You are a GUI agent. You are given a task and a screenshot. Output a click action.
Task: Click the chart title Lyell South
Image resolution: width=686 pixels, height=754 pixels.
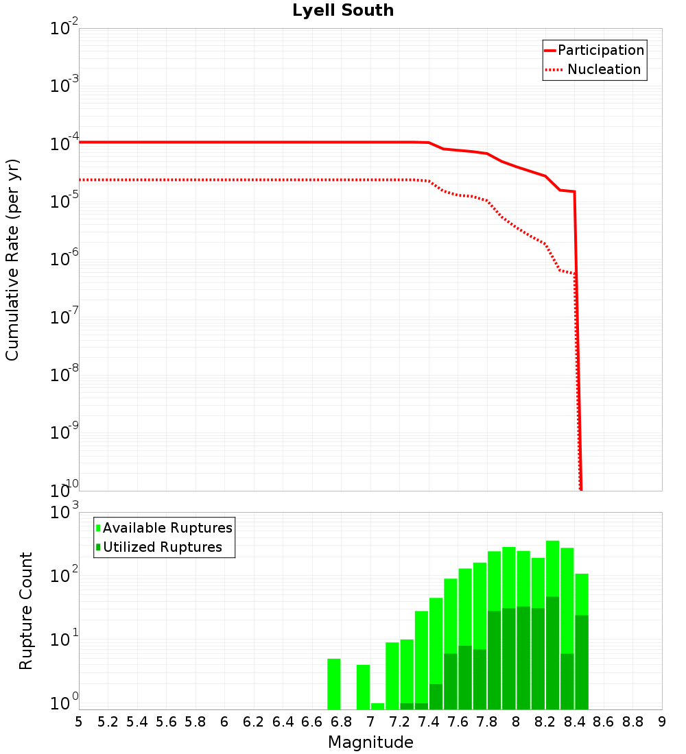(343, 11)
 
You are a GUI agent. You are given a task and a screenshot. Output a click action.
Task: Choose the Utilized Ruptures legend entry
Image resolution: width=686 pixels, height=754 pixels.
(162, 547)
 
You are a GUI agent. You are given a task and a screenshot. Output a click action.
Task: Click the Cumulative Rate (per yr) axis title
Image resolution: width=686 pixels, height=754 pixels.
(12, 259)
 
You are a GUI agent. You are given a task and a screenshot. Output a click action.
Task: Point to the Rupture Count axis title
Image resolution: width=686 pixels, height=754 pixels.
(26, 610)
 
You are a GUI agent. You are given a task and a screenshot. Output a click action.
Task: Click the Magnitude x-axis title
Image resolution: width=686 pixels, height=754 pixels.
(370, 742)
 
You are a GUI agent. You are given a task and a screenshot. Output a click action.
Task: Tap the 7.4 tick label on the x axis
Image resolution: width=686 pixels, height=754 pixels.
(429, 722)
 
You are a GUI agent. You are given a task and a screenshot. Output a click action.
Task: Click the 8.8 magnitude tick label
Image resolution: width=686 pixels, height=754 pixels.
(632, 722)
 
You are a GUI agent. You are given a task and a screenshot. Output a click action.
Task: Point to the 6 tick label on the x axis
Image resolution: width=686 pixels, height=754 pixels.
(224, 722)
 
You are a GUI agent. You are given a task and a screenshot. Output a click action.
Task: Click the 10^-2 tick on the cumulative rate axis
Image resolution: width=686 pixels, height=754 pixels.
(64, 29)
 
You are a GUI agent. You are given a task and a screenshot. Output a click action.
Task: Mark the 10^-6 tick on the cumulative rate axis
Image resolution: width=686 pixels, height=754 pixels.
(64, 259)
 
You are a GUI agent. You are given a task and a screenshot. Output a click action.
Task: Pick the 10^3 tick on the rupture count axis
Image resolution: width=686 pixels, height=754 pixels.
(64, 513)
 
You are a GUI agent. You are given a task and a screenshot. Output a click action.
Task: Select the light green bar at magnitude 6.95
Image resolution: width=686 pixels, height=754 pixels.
(363, 687)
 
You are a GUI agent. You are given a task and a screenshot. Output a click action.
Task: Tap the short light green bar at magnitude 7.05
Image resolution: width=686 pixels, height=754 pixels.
(377, 706)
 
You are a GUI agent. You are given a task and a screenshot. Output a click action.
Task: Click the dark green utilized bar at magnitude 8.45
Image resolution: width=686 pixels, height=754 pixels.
(582, 661)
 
